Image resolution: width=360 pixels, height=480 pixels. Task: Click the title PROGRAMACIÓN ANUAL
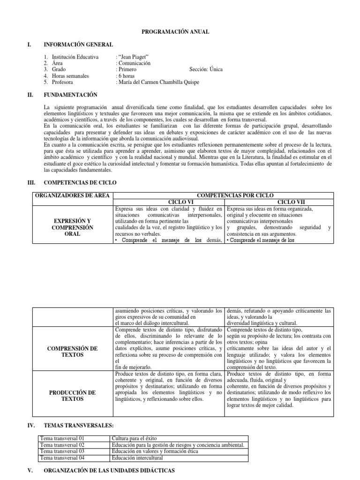[175, 31]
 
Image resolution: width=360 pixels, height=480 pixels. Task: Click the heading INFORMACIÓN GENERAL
[78, 45]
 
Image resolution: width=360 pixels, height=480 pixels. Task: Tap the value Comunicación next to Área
[134, 63]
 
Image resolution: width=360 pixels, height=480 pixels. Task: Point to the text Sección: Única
[206, 69]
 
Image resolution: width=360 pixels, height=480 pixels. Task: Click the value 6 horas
[126, 75]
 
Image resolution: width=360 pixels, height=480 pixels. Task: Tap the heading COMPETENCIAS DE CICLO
[80, 182]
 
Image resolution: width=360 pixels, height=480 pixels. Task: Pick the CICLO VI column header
[168, 202]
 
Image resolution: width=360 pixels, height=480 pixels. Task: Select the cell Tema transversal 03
[62, 451]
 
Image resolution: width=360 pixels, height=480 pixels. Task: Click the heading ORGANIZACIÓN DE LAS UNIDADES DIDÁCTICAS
[109, 470]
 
